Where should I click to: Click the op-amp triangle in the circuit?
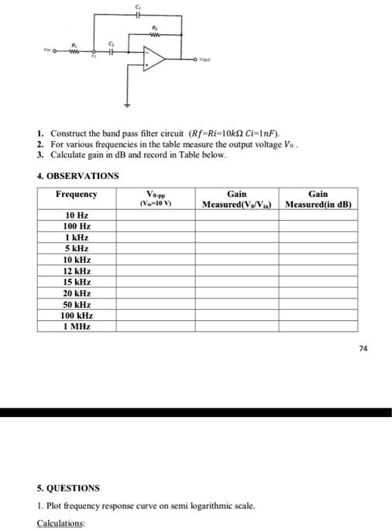click(x=154, y=57)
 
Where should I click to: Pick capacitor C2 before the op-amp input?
click(x=112, y=51)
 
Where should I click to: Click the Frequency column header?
click(x=77, y=194)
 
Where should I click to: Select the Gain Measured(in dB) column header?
click(x=318, y=199)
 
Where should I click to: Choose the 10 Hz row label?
click(x=77, y=214)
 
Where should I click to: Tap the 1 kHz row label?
click(x=77, y=237)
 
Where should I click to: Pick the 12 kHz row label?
click(x=77, y=271)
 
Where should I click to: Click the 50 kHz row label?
click(x=77, y=305)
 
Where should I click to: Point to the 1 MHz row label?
click(x=77, y=327)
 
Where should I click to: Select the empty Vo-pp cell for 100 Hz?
click(x=155, y=226)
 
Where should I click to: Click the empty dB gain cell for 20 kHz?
click(x=318, y=294)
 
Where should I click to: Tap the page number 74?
click(x=364, y=348)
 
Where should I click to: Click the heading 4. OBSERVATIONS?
click(x=77, y=175)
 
